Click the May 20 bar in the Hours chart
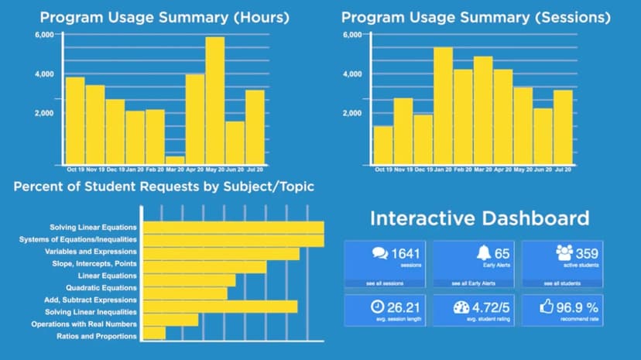click(214, 101)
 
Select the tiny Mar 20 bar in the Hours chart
click(175, 160)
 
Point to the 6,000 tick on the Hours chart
click(44, 36)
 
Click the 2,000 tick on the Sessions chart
click(352, 113)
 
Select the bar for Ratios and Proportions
click(154, 334)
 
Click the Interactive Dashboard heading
click(479, 218)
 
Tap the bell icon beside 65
click(483, 253)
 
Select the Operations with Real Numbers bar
click(170, 321)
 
